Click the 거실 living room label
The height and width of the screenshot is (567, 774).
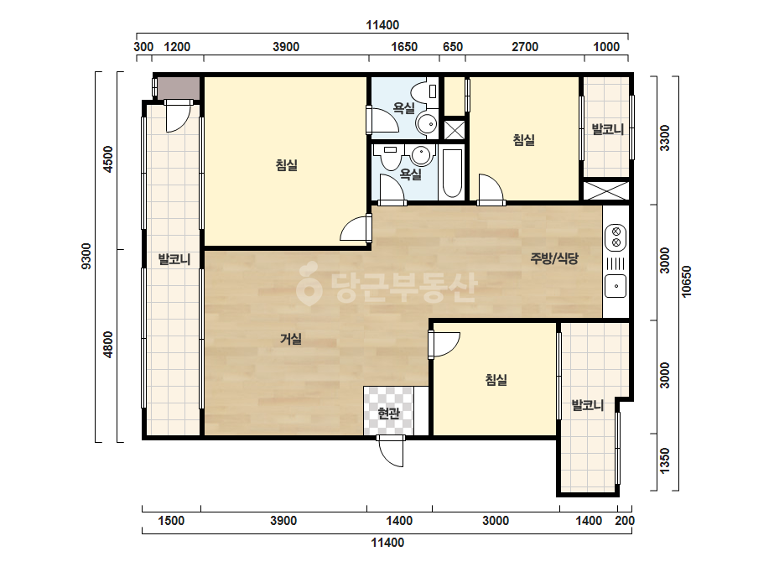pos(291,339)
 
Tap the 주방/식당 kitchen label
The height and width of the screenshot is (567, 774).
pos(553,257)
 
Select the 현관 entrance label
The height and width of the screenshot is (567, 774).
pos(388,413)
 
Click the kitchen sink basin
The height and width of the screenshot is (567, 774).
pos(616,287)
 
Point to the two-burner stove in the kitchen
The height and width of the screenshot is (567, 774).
pos(616,237)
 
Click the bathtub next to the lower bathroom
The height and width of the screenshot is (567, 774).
pos(452,173)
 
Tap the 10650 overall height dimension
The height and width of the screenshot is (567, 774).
pos(687,282)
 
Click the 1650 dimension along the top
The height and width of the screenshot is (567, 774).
pos(404,47)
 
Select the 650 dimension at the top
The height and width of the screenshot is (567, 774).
pos(453,47)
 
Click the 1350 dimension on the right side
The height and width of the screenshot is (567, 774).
pos(665,460)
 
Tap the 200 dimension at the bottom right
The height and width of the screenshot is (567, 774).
pos(625,521)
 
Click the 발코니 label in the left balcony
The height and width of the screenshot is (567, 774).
pos(174,259)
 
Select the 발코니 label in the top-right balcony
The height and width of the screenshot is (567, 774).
pos(608,129)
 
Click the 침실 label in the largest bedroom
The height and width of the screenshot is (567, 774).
pos(287,165)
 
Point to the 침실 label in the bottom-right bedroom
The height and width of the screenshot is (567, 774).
pos(496,379)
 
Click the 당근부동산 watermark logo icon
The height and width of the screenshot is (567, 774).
pos(309,283)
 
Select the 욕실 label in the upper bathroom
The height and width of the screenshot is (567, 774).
pos(404,108)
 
